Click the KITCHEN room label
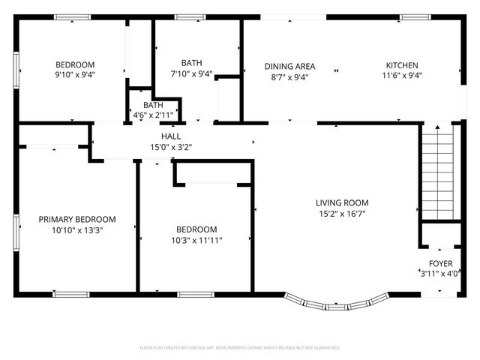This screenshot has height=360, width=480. point(402,65)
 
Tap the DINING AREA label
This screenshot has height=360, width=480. point(289,65)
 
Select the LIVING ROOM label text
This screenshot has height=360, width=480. point(342,202)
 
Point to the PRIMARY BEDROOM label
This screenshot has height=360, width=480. point(77,219)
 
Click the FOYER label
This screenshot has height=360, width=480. point(440,263)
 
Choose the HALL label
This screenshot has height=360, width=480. point(171,136)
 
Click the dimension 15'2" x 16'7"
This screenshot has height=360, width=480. point(342,213)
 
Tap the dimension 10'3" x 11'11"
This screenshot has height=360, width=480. point(196,240)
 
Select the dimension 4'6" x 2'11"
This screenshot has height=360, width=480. point(153,115)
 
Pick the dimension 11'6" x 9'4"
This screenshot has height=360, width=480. point(402,76)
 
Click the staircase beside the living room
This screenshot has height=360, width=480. point(436,172)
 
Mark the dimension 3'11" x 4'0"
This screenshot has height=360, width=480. point(440,274)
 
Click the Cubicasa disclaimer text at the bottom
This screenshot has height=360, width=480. point(240,348)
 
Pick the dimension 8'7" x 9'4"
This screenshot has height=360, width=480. point(289,76)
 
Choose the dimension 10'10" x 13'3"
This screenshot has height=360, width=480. point(77,230)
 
